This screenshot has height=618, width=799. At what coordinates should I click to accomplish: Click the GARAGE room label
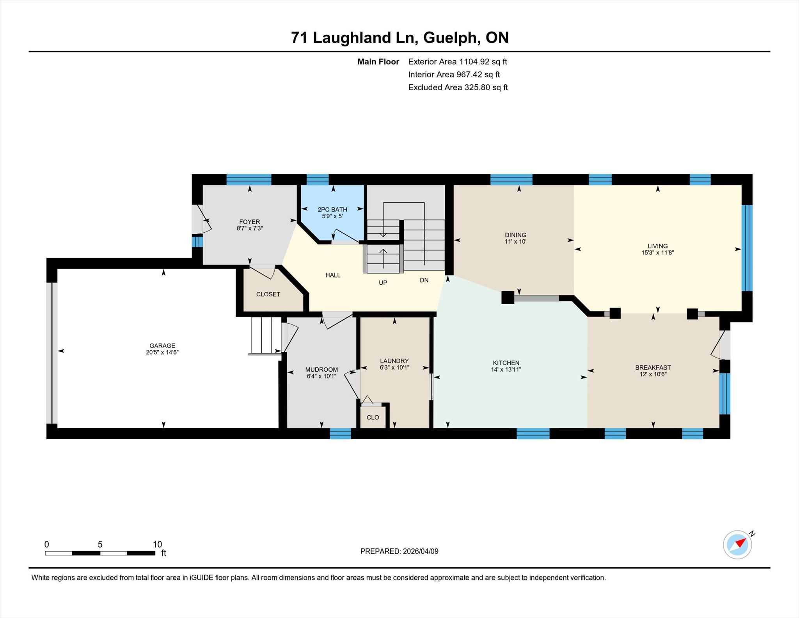(162, 346)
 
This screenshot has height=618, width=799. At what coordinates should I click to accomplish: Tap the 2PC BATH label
(332, 210)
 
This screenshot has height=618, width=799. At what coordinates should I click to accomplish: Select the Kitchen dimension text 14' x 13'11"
(506, 369)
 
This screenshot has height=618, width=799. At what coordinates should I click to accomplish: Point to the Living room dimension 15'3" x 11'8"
(658, 253)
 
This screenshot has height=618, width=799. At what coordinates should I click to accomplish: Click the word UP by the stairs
(383, 283)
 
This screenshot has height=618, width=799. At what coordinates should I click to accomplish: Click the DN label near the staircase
(424, 280)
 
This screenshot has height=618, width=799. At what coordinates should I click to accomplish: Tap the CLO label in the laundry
(373, 417)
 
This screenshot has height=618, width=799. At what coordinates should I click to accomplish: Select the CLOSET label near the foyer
(268, 294)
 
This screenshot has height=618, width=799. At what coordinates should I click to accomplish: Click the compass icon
(737, 545)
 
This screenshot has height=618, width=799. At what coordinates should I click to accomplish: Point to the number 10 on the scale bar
(157, 544)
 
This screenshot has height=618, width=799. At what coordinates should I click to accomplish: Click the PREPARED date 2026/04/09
(421, 551)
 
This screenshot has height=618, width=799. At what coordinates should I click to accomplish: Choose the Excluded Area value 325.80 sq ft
(486, 87)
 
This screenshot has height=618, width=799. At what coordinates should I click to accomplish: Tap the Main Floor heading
(378, 62)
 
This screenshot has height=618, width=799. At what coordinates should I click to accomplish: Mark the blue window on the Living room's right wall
(747, 248)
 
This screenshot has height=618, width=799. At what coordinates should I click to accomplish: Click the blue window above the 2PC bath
(318, 180)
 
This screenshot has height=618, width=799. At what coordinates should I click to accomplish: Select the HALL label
(333, 275)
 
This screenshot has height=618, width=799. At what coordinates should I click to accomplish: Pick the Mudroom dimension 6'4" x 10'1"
(321, 376)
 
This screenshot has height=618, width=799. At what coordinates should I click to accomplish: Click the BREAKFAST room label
(653, 368)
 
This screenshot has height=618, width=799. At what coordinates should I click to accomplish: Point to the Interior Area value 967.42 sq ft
(478, 75)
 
